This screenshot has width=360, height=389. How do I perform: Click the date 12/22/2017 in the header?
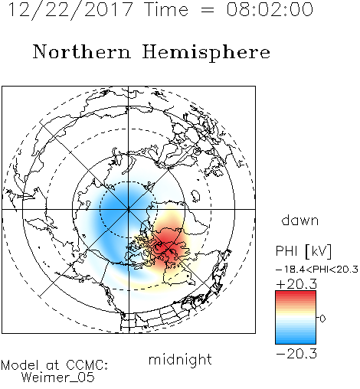[70, 10]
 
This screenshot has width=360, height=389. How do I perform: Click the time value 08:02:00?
[270, 9]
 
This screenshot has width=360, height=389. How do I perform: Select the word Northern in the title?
[82, 51]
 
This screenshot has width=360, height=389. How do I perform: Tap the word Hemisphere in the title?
[206, 53]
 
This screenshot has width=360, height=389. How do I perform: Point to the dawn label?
[300, 220]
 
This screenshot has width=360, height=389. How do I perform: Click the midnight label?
[180, 359]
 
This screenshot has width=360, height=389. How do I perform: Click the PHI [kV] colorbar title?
[304, 251]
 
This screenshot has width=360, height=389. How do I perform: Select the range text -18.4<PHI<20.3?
[317, 270]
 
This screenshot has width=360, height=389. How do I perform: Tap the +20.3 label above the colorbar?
[296, 284]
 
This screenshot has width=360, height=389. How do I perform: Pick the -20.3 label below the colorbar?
[296, 354]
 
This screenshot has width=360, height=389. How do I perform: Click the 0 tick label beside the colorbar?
[322, 319]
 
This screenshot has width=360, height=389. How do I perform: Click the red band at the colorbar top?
[296, 295]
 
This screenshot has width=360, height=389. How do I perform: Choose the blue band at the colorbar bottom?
[296, 340]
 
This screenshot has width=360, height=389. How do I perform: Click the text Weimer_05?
[58, 377]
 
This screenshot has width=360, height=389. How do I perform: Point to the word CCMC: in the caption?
[87, 365]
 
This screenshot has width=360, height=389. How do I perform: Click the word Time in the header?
[166, 10]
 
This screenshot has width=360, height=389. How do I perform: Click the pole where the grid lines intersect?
[129, 209]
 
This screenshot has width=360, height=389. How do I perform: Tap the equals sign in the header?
[208, 10]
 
